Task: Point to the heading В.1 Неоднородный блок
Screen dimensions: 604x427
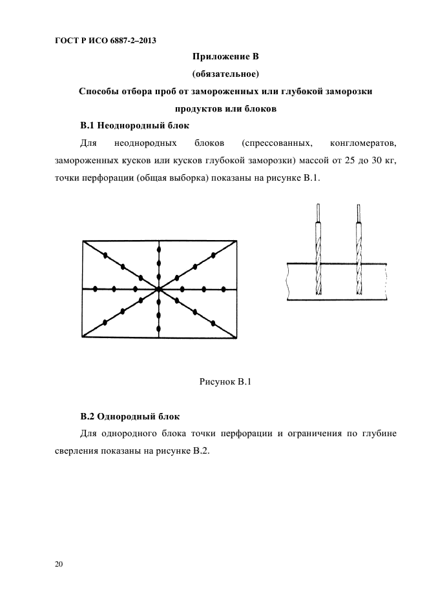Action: click(x=134, y=125)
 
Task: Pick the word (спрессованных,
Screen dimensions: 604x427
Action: click(x=276, y=142)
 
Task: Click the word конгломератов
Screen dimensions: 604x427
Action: click(x=362, y=142)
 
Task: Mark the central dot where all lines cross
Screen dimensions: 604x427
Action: click(x=159, y=289)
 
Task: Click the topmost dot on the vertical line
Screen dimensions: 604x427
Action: click(x=159, y=248)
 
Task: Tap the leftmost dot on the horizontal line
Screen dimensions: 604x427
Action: click(x=95, y=289)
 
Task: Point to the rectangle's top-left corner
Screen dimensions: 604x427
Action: click(x=83, y=241)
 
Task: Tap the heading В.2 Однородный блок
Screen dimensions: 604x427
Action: click(x=130, y=416)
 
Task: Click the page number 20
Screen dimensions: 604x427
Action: click(x=59, y=565)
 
